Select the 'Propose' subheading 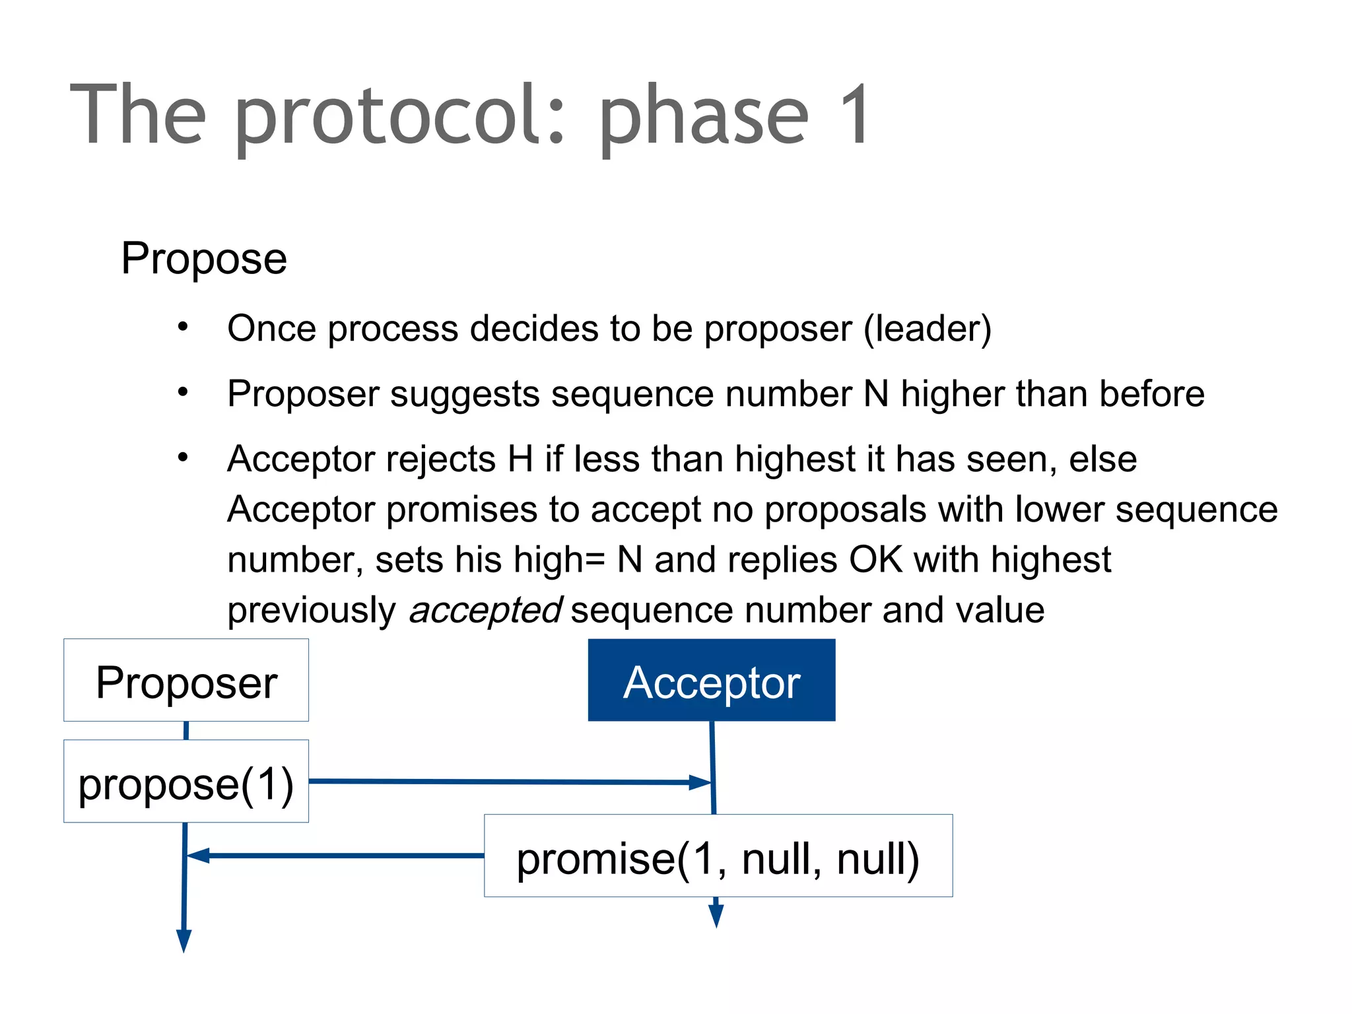204,258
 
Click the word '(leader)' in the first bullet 928,328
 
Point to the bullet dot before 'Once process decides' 183,326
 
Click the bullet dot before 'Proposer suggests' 183,392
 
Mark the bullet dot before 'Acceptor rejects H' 183,457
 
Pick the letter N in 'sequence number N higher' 876,394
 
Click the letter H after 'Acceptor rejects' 520,459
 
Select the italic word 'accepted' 485,610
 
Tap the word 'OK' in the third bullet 875,560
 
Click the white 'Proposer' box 186,680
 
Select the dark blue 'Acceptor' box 712,680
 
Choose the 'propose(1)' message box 186,782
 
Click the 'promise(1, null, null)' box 718,856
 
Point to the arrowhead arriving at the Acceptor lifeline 700,783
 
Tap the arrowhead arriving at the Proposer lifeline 197,856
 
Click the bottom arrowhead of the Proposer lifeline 184,941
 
